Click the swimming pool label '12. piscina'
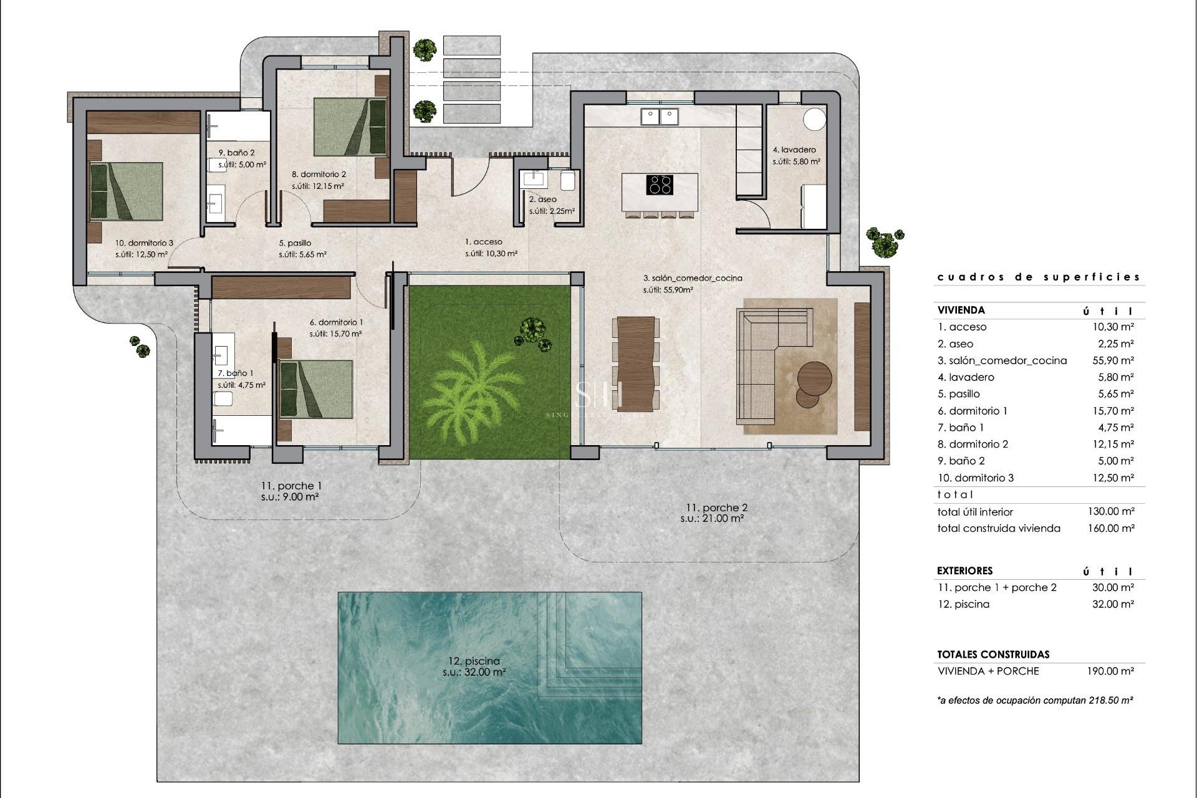474,661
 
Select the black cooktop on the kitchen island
660,185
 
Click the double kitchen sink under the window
660,116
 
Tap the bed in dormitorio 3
127,191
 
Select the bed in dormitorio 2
349,127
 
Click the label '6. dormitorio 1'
336,322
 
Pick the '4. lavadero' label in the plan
794,150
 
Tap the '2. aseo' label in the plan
542,199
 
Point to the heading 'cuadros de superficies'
1039,277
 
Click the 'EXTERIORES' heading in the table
964,570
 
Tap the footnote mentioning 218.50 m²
1035,700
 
